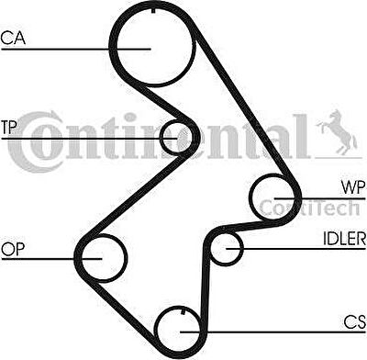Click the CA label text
click(x=13, y=38)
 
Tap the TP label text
click(x=9, y=128)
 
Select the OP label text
click(x=13, y=249)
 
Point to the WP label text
click(x=353, y=187)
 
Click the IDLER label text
click(x=344, y=239)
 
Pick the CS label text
click(x=354, y=322)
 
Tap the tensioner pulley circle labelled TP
click(x=161, y=137)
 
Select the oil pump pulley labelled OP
click(x=126, y=258)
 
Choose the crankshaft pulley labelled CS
click(x=155, y=329)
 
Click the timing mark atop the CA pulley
click(x=153, y=10)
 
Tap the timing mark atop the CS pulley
click(x=183, y=311)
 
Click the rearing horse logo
click(x=337, y=132)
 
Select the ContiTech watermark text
click(x=309, y=208)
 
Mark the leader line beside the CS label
click(x=272, y=332)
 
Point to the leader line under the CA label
click(x=76, y=49)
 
